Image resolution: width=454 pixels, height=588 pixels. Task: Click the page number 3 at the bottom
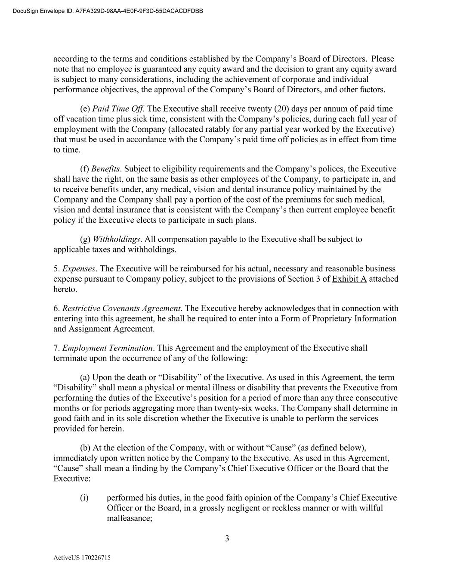227,538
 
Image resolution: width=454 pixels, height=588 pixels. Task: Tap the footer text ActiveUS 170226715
82,558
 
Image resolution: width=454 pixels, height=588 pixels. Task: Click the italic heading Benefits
105,169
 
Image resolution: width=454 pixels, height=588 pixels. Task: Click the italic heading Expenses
79,269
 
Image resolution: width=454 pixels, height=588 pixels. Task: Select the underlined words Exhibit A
349,279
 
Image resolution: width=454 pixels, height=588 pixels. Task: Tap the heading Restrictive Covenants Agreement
121,308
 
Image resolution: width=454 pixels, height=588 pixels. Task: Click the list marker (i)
84,498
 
